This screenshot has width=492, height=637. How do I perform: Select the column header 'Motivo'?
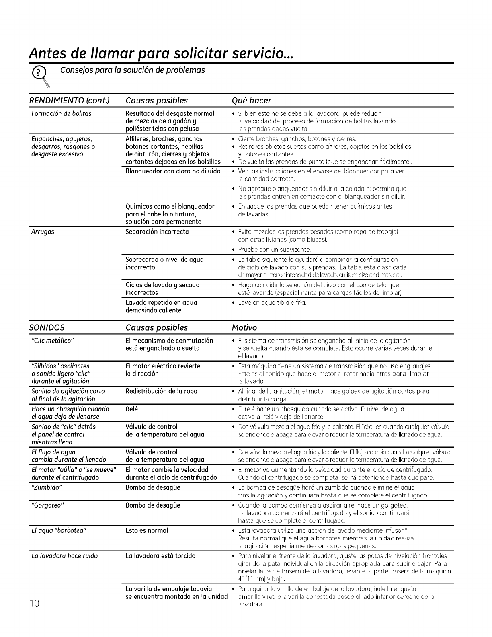click(244, 327)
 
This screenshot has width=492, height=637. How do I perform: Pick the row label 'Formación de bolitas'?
click(61, 113)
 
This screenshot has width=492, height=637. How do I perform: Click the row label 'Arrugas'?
click(43, 232)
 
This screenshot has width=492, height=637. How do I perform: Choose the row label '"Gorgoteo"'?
click(48, 505)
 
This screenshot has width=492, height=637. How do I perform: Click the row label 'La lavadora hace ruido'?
click(65, 556)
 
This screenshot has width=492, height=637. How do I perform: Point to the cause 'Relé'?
click(132, 409)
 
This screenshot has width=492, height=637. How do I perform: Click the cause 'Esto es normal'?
click(147, 531)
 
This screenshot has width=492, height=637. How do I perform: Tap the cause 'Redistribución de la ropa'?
click(161, 391)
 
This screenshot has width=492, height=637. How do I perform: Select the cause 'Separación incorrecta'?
click(157, 232)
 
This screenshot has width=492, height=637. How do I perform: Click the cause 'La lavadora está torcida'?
click(160, 556)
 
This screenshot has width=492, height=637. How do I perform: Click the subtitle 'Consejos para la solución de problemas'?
click(133, 70)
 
